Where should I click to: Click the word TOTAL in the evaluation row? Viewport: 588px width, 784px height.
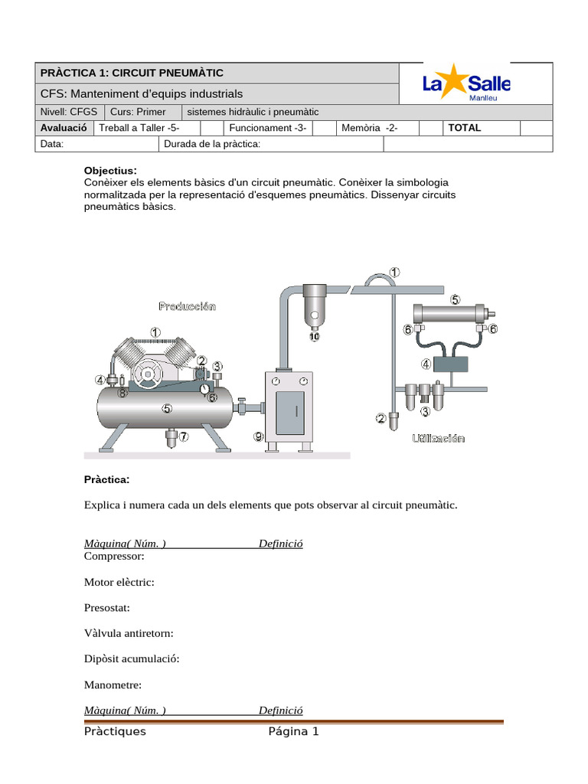click(464, 128)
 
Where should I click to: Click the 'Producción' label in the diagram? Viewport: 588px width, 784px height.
click(187, 306)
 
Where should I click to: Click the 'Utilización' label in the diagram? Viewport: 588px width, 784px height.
click(438, 439)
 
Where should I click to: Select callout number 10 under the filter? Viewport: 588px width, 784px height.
click(315, 335)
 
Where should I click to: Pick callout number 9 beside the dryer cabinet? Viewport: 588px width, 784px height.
click(260, 436)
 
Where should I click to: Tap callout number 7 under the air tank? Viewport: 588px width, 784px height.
click(183, 436)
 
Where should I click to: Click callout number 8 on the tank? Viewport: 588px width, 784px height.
click(122, 393)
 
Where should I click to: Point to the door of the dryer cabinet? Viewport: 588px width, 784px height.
click(296, 410)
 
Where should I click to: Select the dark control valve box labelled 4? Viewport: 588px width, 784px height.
click(449, 364)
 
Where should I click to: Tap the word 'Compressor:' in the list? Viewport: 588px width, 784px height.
click(114, 556)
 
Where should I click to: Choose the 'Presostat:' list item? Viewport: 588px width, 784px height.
click(107, 607)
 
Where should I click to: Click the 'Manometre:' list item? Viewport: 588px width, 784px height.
click(113, 684)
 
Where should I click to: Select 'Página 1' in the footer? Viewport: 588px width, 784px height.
click(293, 731)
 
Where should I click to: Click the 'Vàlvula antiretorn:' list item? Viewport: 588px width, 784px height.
click(129, 633)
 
